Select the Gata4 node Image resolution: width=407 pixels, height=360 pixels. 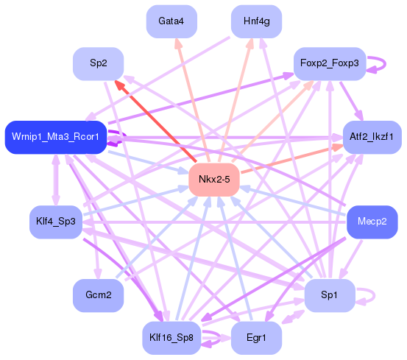[x=171, y=21]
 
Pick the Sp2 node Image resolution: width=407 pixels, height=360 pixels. [x=99, y=64]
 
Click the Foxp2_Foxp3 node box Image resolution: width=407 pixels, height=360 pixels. [x=329, y=64]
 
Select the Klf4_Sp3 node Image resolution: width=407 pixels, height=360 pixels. [x=55, y=222]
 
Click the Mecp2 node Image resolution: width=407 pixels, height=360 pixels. [x=372, y=222]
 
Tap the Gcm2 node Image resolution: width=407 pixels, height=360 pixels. [x=99, y=295]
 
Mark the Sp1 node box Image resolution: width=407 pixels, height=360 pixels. [x=329, y=295]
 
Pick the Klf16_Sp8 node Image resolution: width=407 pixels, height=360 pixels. [x=171, y=338]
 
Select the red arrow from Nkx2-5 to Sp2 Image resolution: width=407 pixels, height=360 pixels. [x=155, y=121]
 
